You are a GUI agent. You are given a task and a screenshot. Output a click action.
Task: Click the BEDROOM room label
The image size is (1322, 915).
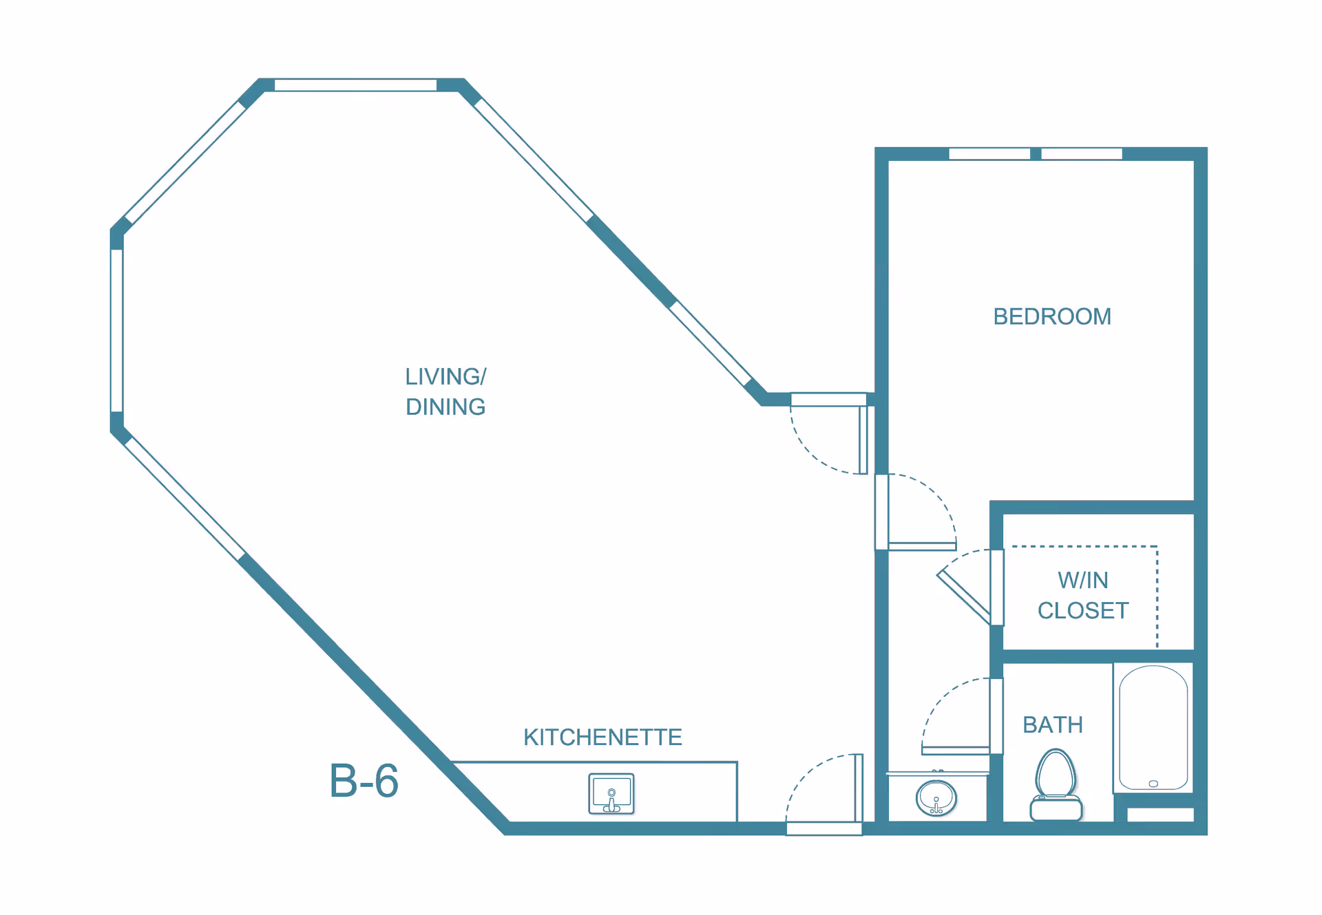[1052, 316]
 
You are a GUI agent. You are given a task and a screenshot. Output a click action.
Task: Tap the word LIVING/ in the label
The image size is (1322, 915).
[445, 376]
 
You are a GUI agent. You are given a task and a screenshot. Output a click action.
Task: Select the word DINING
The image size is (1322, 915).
[445, 407]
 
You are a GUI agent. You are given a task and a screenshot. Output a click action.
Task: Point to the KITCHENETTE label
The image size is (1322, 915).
[602, 737]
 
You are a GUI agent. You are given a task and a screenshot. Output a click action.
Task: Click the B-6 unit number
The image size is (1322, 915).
[364, 781]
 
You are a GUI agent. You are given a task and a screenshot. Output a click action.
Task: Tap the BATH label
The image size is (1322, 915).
[1053, 724]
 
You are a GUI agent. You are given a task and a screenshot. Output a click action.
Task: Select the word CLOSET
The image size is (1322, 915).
[1083, 610]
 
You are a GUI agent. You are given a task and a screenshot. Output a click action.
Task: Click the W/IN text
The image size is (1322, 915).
[1083, 580]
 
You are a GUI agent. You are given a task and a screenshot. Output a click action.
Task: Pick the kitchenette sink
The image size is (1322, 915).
[611, 794]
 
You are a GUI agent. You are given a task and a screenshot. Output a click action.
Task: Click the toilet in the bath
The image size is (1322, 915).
[1056, 785]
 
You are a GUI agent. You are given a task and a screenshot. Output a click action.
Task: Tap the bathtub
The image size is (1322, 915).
[1153, 728]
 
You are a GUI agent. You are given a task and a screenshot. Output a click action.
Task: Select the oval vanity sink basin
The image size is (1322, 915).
[936, 798]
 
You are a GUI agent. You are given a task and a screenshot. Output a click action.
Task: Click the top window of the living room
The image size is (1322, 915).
[355, 85]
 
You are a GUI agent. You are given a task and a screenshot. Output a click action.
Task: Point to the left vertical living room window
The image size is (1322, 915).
[117, 331]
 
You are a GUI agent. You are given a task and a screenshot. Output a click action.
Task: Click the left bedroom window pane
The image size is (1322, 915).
[989, 154]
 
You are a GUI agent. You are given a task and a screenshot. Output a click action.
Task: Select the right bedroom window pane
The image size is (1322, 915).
[1082, 154]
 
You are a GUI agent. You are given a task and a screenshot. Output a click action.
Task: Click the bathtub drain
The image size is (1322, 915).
[1153, 784]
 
